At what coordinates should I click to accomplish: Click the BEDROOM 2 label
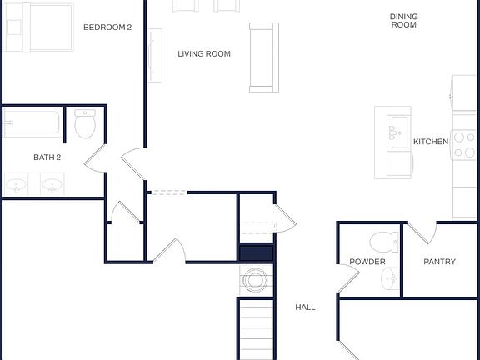[x=107, y=27]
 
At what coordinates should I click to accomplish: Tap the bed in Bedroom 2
[x=38, y=26]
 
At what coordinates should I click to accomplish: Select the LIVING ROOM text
[x=204, y=54]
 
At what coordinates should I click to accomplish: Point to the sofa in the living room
[x=263, y=57]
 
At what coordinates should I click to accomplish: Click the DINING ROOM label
[x=404, y=21]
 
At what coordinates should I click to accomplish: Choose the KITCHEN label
[x=431, y=142]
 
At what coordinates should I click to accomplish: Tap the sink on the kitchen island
[x=396, y=129]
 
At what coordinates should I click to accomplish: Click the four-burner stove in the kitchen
[x=464, y=142]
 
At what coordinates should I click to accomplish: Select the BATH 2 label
[x=47, y=157]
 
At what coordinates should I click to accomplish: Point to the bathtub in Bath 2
[x=32, y=126]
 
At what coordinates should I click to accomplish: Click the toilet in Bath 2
[x=85, y=124]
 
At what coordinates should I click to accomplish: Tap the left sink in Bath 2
[x=16, y=184]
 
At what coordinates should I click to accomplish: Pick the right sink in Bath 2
[x=52, y=184]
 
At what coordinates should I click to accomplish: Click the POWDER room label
[x=367, y=262]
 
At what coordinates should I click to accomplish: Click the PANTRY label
[x=439, y=262]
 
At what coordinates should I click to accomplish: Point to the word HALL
[x=306, y=307]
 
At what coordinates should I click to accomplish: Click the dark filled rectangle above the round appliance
[x=256, y=255]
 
